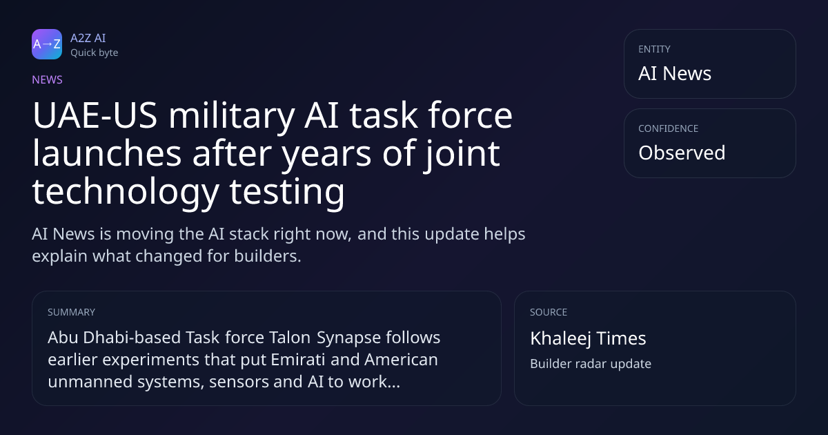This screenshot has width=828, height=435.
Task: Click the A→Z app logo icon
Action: (x=47, y=44)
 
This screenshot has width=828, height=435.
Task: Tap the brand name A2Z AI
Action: (x=88, y=38)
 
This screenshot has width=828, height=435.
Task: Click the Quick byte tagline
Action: (x=95, y=53)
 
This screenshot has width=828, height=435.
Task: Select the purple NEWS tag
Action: (x=48, y=80)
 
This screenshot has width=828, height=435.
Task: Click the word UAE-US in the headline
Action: (x=95, y=115)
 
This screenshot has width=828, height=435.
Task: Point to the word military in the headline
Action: (x=232, y=117)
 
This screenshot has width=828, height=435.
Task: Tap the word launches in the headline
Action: (x=107, y=153)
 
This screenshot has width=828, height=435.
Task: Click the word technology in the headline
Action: (x=126, y=193)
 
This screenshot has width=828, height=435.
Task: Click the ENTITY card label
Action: (x=654, y=49)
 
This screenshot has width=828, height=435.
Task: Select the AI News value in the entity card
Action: (x=675, y=73)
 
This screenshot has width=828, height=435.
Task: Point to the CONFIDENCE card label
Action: (x=669, y=128)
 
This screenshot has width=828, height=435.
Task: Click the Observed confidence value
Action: (x=682, y=153)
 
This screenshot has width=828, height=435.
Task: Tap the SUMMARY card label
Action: (x=71, y=312)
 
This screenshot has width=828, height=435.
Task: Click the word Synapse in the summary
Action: (x=348, y=338)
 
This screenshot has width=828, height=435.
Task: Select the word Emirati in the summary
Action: (x=298, y=360)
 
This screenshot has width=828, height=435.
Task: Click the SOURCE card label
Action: (x=549, y=312)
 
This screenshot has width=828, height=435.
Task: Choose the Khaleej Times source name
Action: (x=588, y=339)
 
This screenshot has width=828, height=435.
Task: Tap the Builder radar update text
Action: (x=591, y=364)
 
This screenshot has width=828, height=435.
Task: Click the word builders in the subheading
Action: (x=268, y=256)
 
